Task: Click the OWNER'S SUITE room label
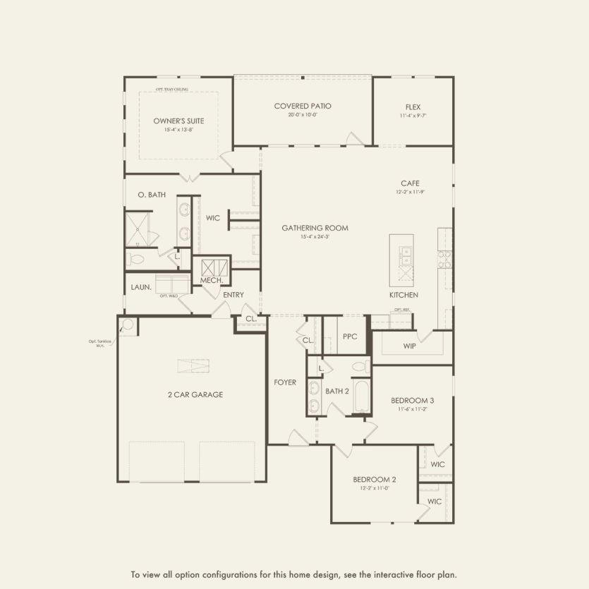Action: [178, 121]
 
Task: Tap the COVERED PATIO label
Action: [303, 106]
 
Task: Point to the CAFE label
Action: [411, 183]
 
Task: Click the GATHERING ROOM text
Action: [315, 228]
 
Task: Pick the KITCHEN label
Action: [403, 295]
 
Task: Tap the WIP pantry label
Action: [409, 346]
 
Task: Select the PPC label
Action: [350, 337]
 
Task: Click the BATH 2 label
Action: [336, 391]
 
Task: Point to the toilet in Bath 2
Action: [360, 367]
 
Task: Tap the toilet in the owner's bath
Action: [136, 260]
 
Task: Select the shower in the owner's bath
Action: [138, 227]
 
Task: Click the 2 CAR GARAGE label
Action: [195, 395]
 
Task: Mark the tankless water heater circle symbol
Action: [127, 325]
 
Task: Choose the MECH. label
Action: [211, 280]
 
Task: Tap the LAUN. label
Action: [141, 287]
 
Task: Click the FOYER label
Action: [285, 382]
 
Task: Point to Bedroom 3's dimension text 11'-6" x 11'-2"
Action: [412, 408]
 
